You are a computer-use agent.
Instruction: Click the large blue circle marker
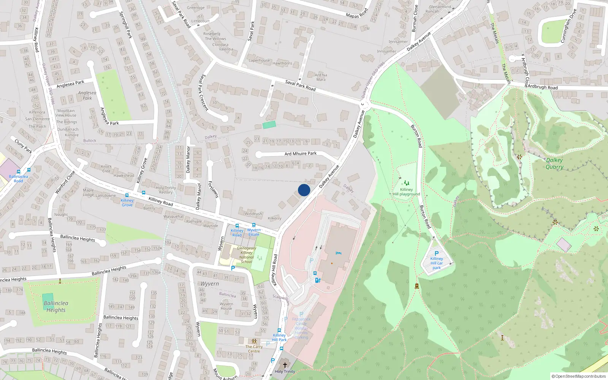(x=304, y=190)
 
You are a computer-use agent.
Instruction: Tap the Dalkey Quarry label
(x=554, y=163)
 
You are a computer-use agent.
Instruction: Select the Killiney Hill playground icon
(x=406, y=183)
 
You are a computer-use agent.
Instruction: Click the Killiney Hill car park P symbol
(x=437, y=253)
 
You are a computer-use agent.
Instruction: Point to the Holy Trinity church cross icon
(x=285, y=365)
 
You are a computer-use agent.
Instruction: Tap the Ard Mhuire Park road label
(x=301, y=154)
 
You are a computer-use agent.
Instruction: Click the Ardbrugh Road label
(x=542, y=87)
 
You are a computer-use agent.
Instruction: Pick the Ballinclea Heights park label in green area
(x=56, y=306)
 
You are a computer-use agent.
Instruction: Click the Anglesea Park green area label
(x=87, y=95)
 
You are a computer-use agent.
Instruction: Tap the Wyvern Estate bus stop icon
(x=254, y=225)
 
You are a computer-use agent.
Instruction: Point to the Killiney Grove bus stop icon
(x=143, y=193)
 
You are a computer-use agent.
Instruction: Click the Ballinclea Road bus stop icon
(x=29, y=170)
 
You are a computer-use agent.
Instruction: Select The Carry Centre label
(x=254, y=349)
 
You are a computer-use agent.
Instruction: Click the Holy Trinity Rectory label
(x=166, y=190)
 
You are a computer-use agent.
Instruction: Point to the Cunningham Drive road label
(x=569, y=26)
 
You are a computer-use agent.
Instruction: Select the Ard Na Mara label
(x=321, y=77)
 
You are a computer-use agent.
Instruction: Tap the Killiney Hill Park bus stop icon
(x=279, y=330)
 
